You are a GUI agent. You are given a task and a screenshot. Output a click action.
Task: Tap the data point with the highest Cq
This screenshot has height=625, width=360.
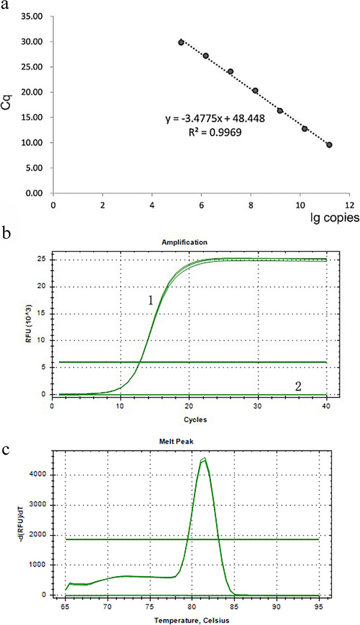click(x=181, y=42)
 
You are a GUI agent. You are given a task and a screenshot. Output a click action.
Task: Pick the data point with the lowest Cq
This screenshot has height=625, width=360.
click(x=329, y=145)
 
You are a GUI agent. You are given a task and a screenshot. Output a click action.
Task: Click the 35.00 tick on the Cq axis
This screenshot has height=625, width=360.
click(x=33, y=17)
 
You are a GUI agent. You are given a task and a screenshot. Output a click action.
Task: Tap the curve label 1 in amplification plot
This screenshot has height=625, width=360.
click(x=151, y=301)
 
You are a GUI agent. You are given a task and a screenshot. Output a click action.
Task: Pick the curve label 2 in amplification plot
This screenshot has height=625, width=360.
click(x=298, y=386)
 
